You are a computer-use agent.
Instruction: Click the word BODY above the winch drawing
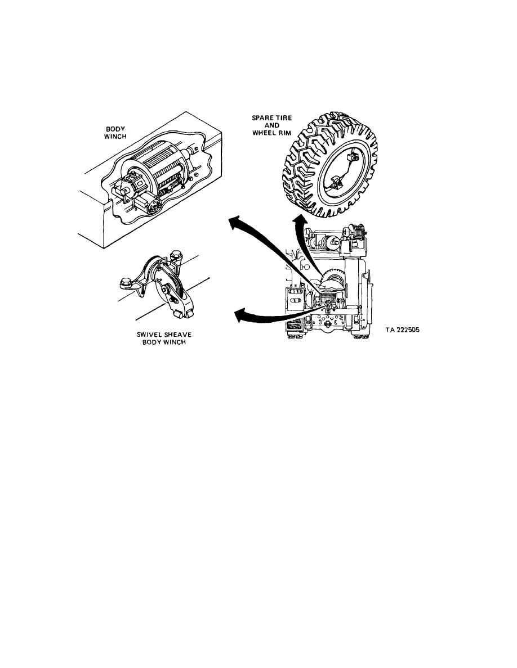point(115,129)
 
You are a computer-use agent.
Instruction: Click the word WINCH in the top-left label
point(115,136)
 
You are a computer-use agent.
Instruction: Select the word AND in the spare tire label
point(271,125)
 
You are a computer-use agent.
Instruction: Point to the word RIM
point(284,133)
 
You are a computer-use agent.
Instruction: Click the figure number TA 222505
point(402,330)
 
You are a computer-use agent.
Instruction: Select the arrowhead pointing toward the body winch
point(235,222)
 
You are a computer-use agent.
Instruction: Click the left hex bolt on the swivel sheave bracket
point(126,282)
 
